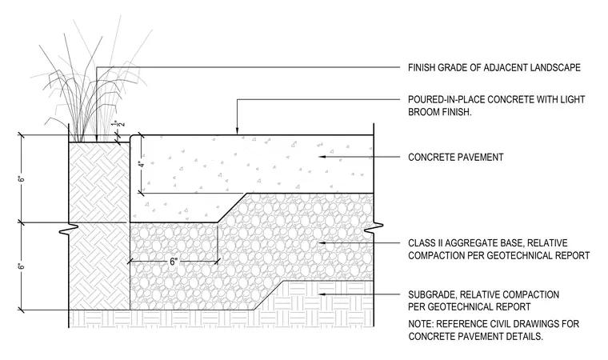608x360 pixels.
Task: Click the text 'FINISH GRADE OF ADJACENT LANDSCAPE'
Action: [494, 68]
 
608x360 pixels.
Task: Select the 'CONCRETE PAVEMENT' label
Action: [456, 157]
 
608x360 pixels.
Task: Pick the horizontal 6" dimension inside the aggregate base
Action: [174, 262]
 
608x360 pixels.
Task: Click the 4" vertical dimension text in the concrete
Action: [142, 164]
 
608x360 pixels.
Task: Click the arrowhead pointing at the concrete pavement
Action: [322, 157]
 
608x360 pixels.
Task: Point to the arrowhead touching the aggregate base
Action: [322, 243]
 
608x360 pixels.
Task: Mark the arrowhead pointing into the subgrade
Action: [322, 294]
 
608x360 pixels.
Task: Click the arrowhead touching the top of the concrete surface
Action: [237, 131]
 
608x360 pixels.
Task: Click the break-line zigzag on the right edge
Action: [374, 228]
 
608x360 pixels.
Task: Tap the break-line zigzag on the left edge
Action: [69, 228]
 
